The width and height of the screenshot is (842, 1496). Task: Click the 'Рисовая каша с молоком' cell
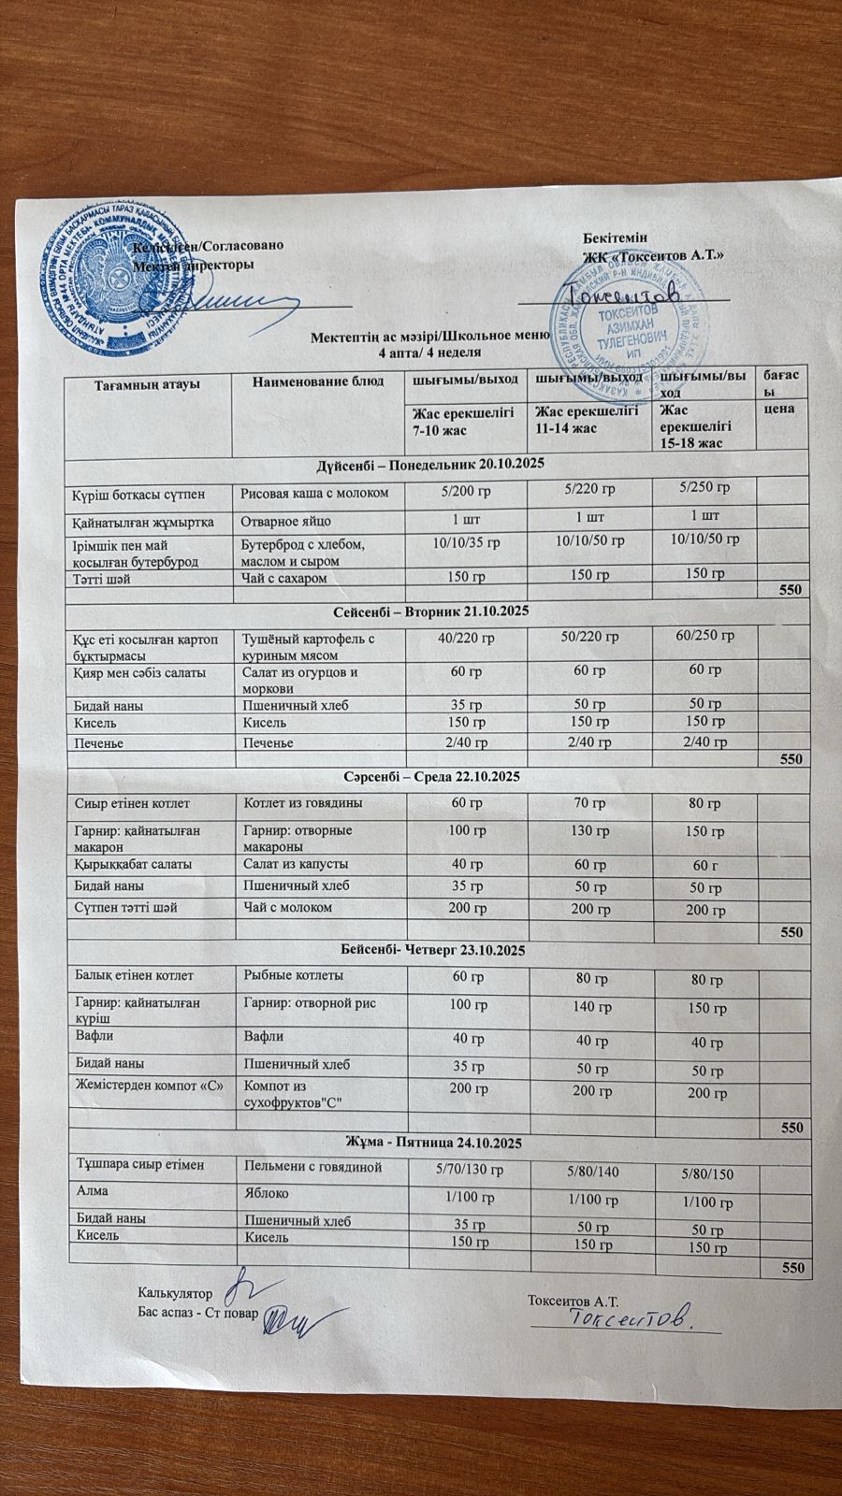click(314, 493)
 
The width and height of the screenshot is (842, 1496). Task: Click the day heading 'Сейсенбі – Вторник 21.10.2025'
click(431, 611)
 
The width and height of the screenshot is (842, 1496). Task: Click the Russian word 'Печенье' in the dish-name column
click(269, 743)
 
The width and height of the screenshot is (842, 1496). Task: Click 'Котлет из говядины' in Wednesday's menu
click(303, 803)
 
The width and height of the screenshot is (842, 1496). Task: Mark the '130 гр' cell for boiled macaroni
click(590, 831)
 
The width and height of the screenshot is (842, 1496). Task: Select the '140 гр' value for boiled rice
click(592, 1007)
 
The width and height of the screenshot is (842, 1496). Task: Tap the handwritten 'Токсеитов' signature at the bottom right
click(631, 1317)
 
